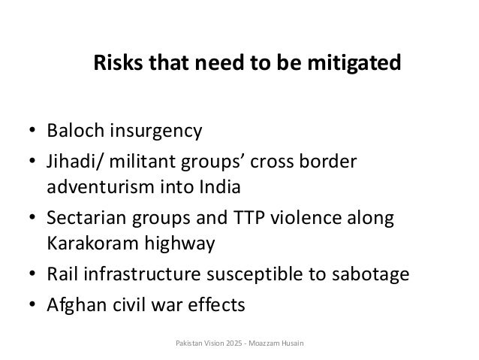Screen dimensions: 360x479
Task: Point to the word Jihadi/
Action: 74,163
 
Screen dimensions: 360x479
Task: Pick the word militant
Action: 138,163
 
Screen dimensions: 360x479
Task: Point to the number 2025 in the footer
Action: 224,344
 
